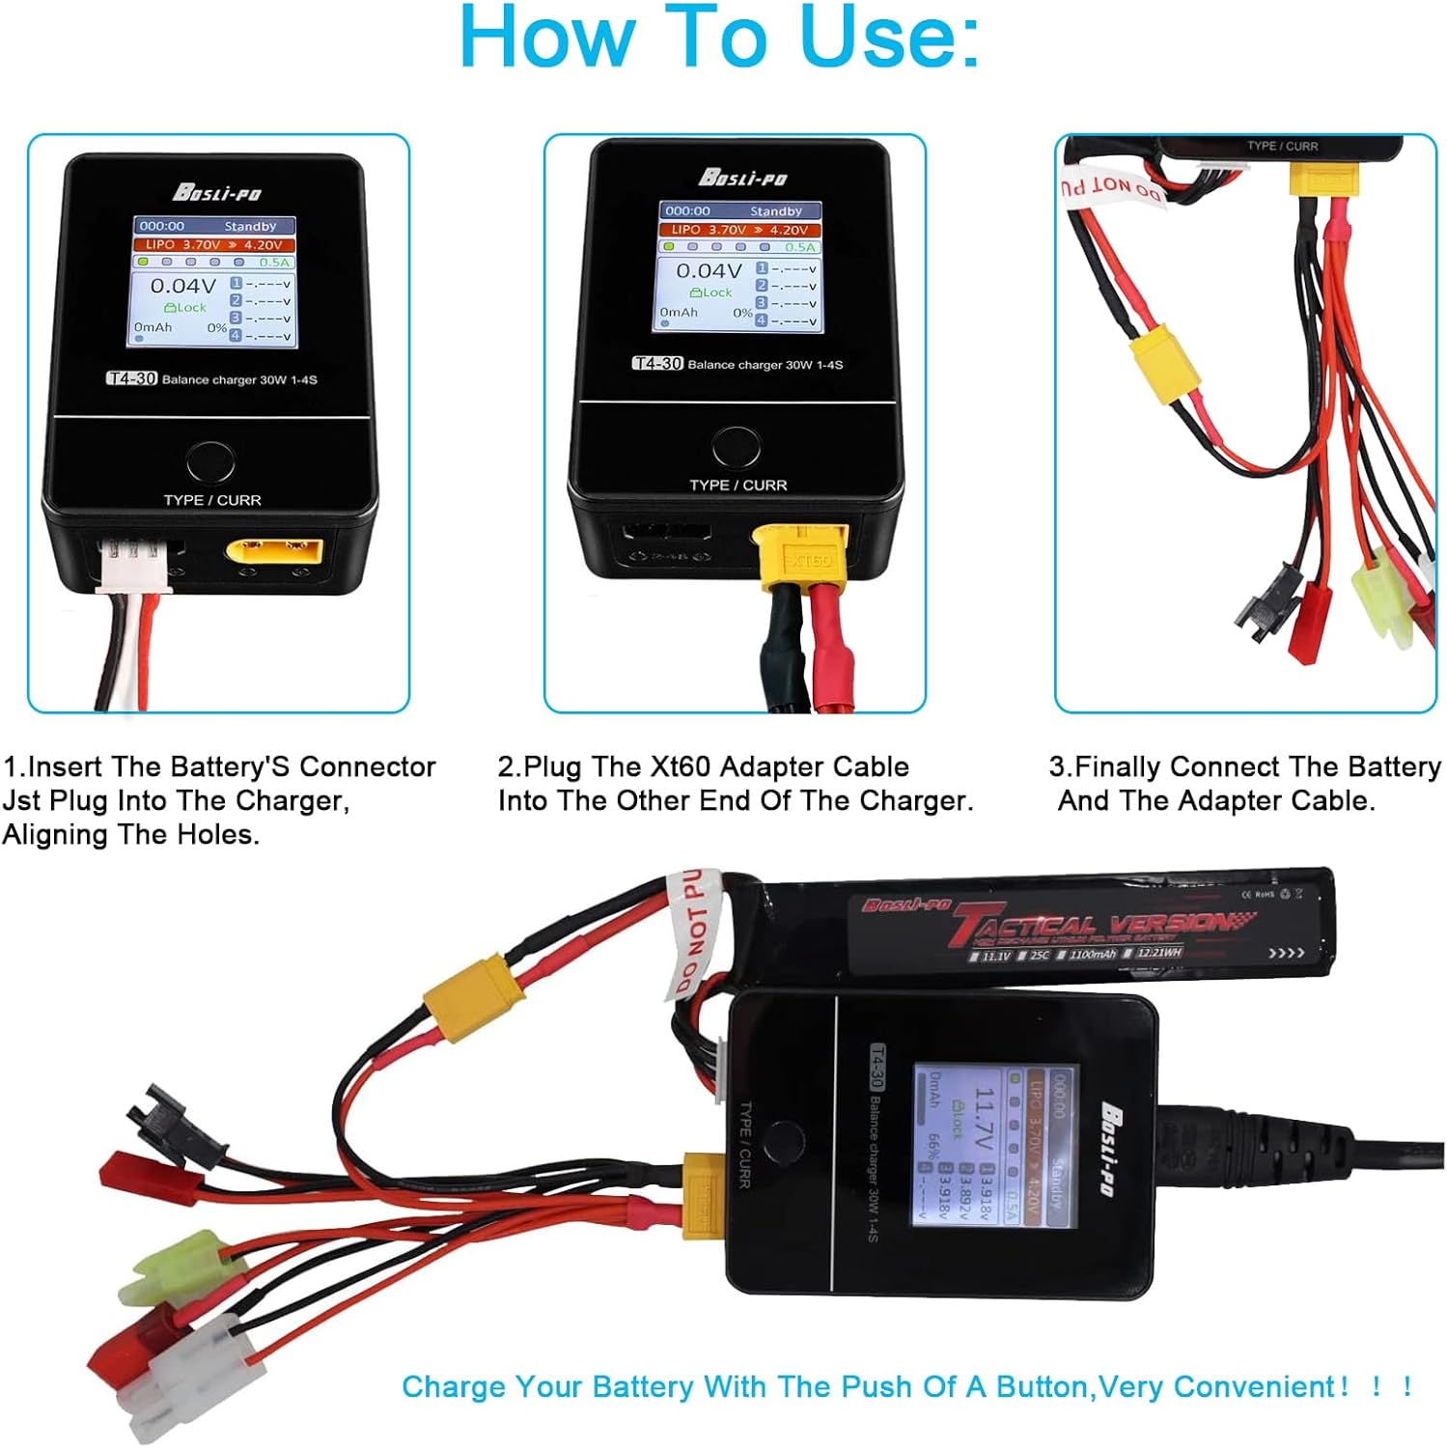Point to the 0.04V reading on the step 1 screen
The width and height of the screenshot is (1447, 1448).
[182, 286]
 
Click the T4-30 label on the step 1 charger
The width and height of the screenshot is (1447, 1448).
[131, 378]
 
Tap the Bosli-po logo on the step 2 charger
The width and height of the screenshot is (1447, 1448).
[741, 178]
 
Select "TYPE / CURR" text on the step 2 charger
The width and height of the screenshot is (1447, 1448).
[737, 485]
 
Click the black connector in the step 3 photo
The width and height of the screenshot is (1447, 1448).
[1267, 603]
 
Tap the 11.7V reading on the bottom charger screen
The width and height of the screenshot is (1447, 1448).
[983, 1119]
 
